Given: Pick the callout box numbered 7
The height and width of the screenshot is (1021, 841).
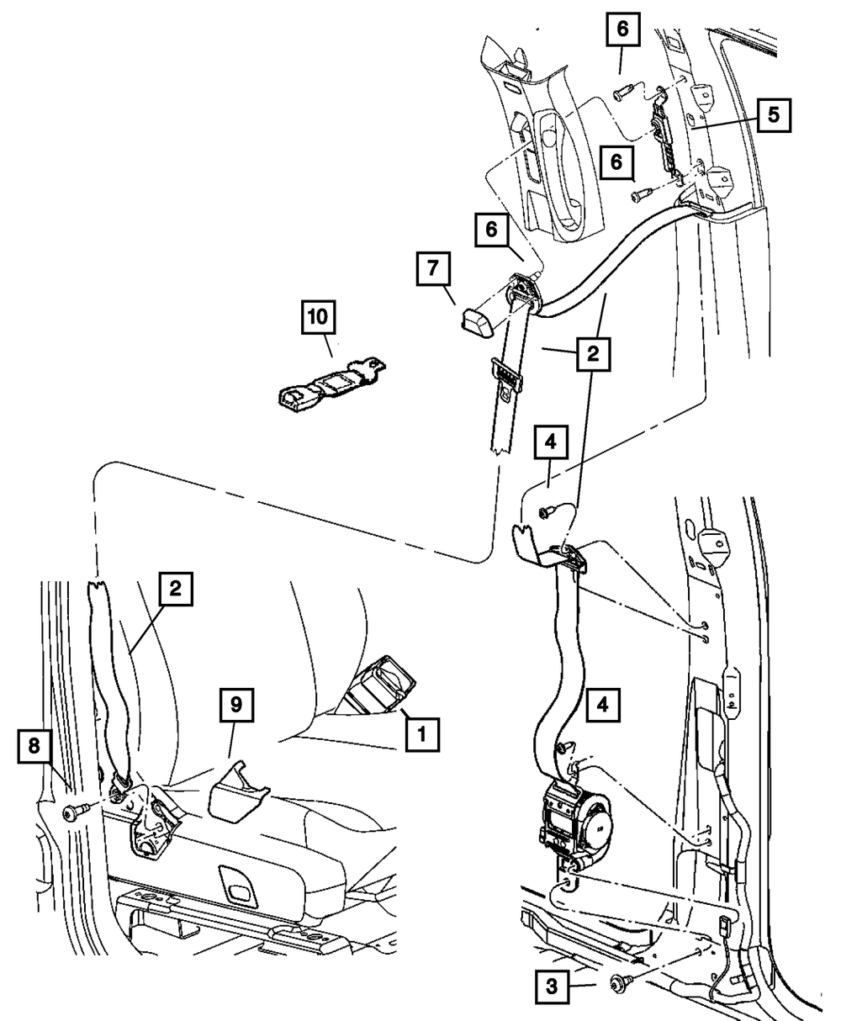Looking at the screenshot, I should coord(433,271).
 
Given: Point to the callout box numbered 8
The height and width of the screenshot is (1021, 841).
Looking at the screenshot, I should coord(33,747).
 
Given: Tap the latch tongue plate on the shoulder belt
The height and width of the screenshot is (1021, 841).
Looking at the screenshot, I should coord(505,375).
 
